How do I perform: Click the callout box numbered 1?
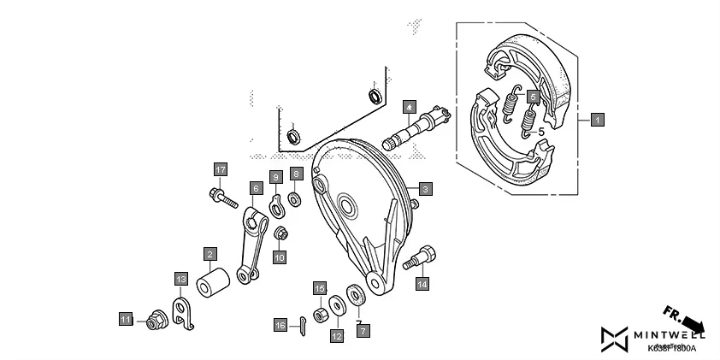click(x=597, y=120)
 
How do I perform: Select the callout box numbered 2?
click(x=210, y=254)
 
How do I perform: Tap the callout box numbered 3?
click(x=425, y=188)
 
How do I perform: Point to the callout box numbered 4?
click(x=410, y=107)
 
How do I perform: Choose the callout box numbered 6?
click(x=255, y=187)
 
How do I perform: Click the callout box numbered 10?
click(x=280, y=256)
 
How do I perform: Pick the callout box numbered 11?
click(x=126, y=320)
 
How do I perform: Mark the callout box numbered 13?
click(x=180, y=279)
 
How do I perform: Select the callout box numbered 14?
click(x=422, y=285)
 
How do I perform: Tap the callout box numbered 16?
click(x=280, y=325)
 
